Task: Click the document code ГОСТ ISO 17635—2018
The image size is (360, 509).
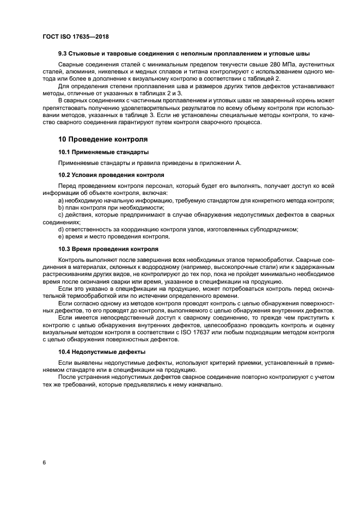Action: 76,36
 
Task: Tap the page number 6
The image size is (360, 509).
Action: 44,462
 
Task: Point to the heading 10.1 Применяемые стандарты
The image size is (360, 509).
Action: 103,152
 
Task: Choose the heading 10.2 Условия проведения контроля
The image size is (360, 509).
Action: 111,175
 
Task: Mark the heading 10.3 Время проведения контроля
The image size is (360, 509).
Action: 108,249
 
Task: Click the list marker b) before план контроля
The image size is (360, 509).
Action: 61,207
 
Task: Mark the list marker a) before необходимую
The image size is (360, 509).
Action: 61,200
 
